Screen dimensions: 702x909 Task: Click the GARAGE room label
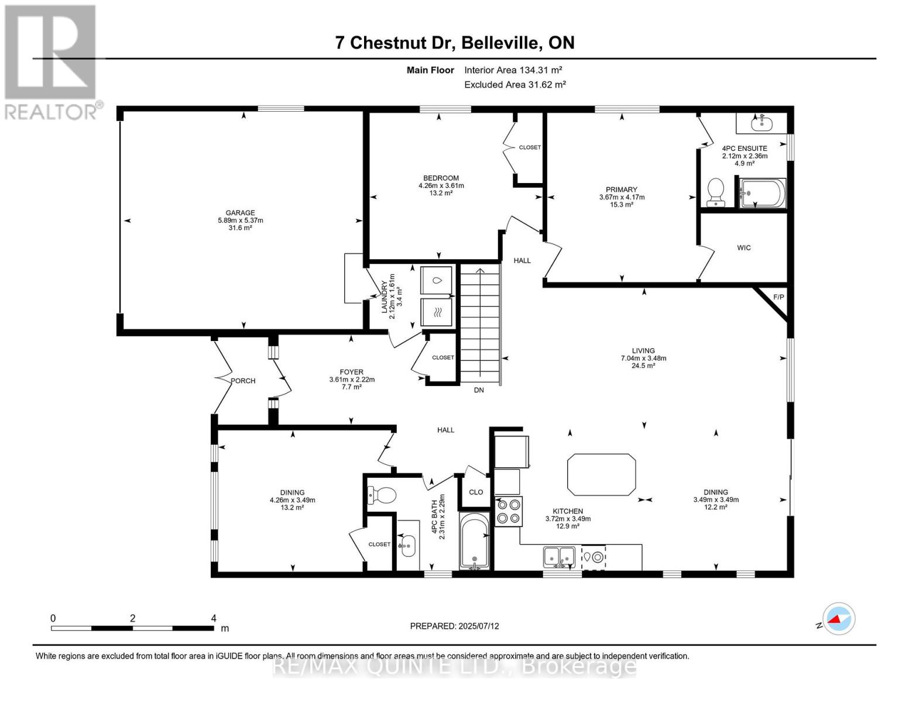click(240, 213)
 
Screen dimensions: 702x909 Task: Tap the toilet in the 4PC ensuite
click(715, 192)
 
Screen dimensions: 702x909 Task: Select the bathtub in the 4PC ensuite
click(763, 193)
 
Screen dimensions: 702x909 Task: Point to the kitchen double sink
click(559, 557)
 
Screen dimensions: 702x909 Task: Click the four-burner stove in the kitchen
click(508, 511)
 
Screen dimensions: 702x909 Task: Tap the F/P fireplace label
click(778, 297)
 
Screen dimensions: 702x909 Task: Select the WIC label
click(743, 248)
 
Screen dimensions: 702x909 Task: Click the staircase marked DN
click(480, 325)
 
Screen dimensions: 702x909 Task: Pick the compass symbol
click(838, 618)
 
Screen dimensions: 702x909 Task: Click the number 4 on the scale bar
click(214, 618)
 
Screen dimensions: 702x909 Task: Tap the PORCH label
click(243, 381)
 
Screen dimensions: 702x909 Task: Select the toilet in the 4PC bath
click(382, 495)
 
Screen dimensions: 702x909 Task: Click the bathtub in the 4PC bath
click(474, 541)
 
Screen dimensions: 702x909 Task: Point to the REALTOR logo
click(51, 61)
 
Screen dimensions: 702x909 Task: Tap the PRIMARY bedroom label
click(621, 190)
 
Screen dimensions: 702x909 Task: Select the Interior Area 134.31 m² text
click(513, 70)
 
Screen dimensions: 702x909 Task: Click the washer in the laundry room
click(437, 280)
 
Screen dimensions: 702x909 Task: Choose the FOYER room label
click(351, 372)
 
